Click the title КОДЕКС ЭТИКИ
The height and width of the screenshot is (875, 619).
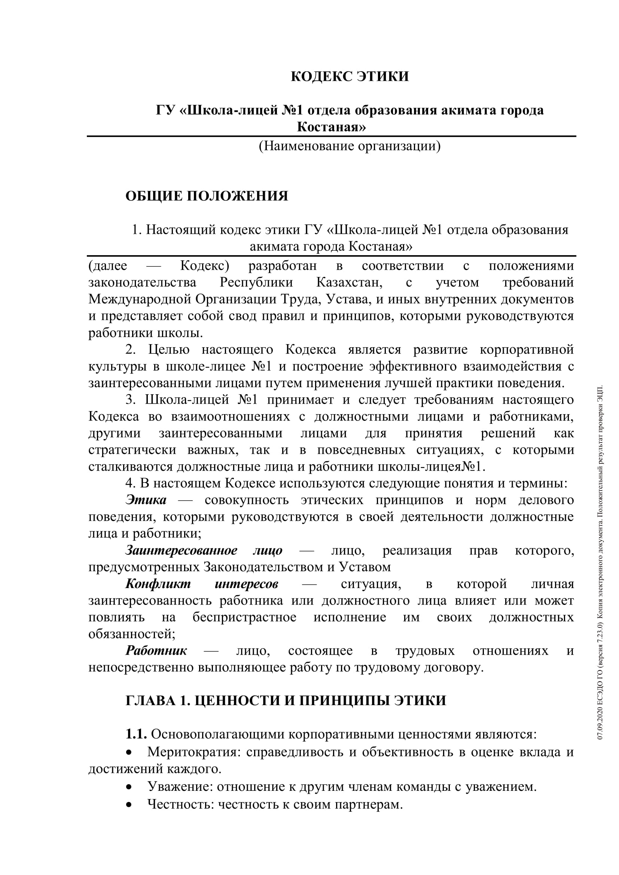(350, 77)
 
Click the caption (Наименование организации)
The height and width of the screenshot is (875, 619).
(350, 146)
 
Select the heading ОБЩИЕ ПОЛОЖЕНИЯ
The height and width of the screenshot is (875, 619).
(207, 196)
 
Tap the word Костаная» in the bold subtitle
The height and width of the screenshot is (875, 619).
(331, 126)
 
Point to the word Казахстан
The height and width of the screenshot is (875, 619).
(350, 282)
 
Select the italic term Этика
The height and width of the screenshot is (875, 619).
(146, 500)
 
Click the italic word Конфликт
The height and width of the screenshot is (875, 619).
(158, 584)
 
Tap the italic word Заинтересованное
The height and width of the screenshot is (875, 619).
(182, 550)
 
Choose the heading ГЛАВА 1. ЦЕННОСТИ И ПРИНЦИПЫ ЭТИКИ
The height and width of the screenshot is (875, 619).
(286, 700)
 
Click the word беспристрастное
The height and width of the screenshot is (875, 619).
(244, 617)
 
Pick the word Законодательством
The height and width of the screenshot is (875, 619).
(263, 567)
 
